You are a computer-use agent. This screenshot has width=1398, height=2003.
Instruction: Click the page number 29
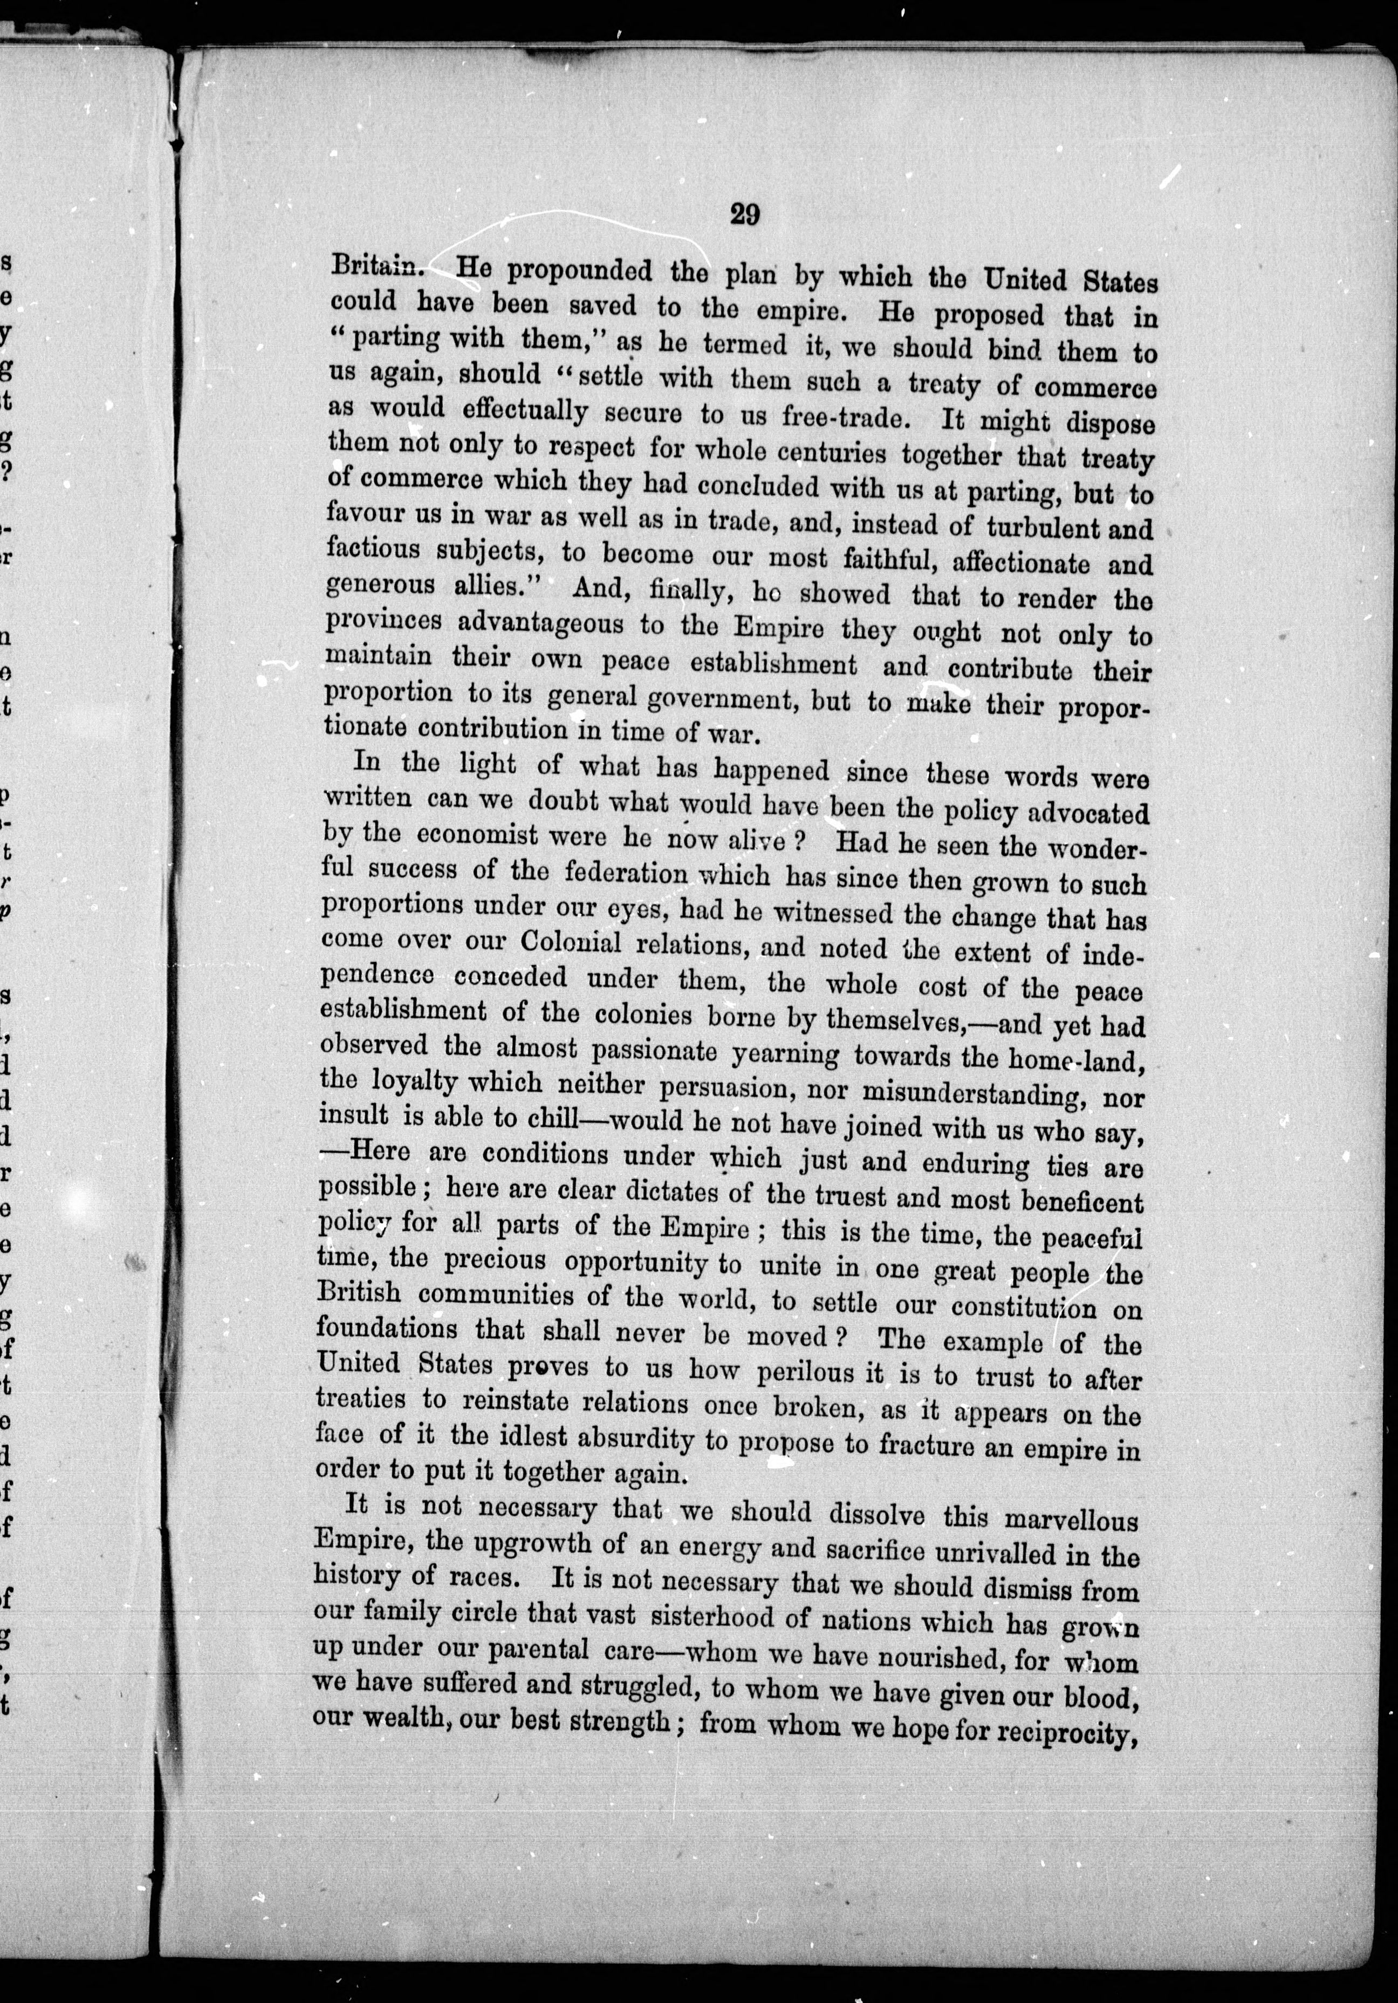click(743, 214)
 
